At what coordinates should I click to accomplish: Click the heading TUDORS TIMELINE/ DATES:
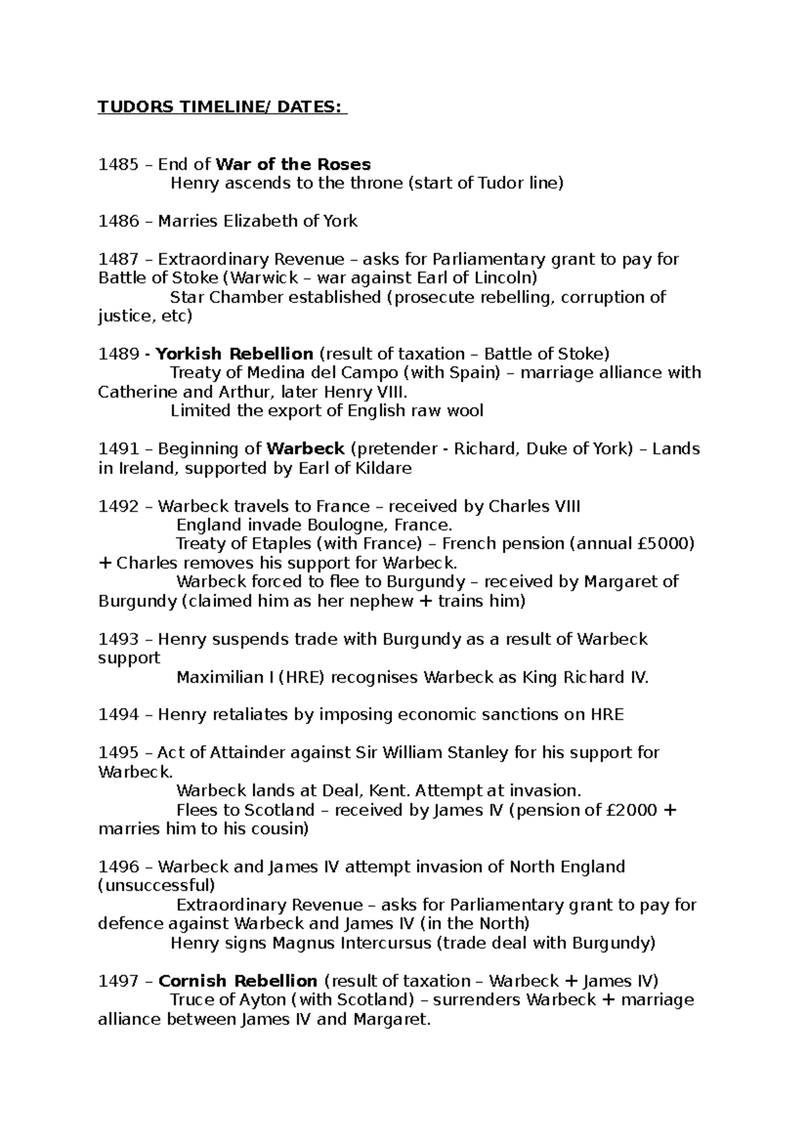[222, 108]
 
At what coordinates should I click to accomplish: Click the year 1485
[116, 164]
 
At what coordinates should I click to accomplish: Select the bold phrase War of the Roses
[293, 164]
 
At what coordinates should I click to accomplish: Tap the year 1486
[116, 221]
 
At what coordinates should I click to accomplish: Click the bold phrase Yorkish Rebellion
[234, 354]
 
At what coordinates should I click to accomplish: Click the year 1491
[116, 449]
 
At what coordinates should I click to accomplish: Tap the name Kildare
[382, 468]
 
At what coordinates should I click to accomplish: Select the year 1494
[116, 714]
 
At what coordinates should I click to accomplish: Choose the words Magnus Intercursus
[351, 943]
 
